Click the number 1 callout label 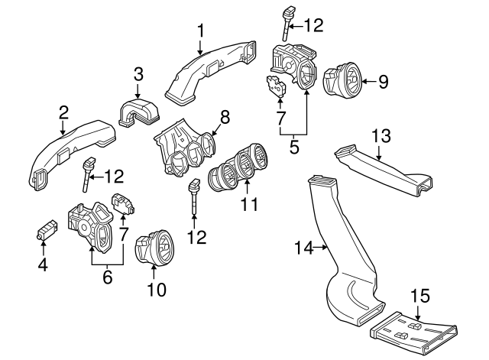click(201, 31)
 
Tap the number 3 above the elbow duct click(138, 74)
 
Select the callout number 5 click(294, 145)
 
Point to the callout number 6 click(108, 277)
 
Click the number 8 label click(224, 117)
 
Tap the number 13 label click(381, 136)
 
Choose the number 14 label click(303, 246)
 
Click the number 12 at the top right click(313, 26)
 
